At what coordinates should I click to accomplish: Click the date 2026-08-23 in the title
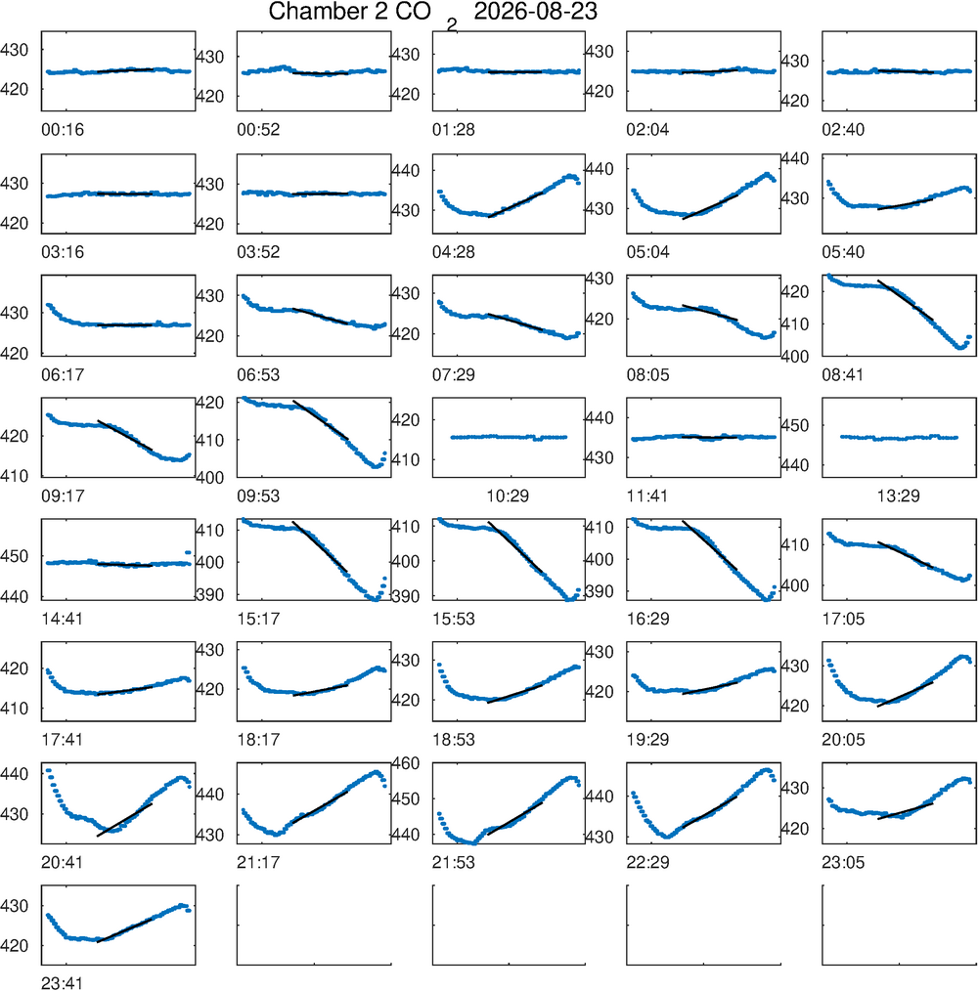tap(535, 12)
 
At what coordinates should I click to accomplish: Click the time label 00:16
tap(63, 130)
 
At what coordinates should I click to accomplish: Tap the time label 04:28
tap(454, 252)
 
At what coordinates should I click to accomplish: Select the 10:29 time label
tap(508, 496)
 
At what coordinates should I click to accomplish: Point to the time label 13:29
tap(898, 496)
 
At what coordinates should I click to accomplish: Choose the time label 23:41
tap(62, 983)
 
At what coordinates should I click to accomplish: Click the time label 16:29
tap(647, 619)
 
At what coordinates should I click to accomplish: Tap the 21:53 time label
tap(454, 863)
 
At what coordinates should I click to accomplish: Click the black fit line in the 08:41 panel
tap(906, 300)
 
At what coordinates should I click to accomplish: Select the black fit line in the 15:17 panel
tap(320, 547)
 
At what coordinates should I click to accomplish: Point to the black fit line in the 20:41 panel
tap(124, 820)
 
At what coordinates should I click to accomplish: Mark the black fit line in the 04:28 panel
tap(515, 204)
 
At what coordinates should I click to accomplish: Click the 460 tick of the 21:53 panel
tap(406, 763)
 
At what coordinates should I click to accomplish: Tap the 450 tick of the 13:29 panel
tap(795, 425)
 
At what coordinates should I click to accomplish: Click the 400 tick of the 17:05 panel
tap(795, 585)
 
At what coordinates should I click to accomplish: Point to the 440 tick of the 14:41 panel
tap(15, 596)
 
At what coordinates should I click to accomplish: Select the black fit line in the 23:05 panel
tap(906, 811)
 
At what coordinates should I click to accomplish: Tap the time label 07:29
tap(454, 374)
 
